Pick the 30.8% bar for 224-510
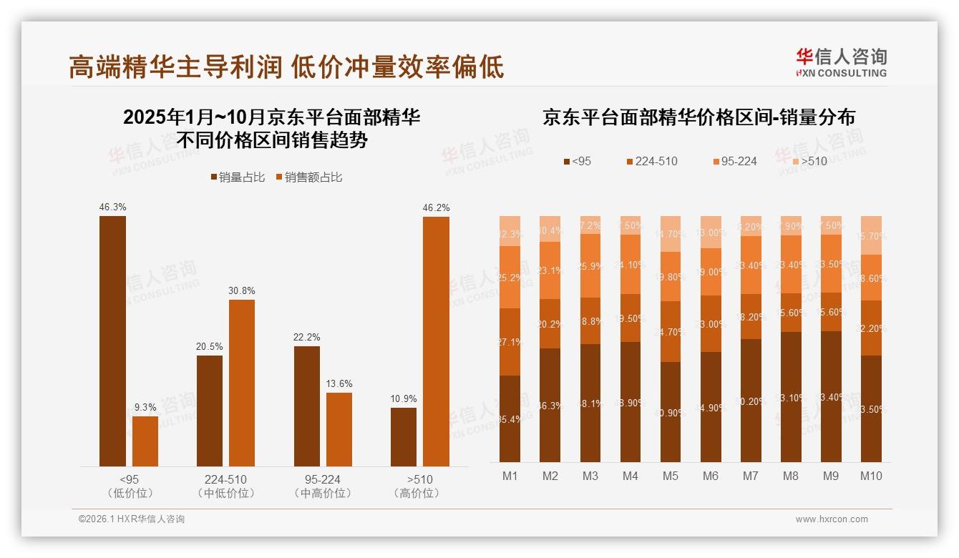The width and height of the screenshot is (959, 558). (x=242, y=383)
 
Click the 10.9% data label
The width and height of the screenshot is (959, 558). (x=404, y=398)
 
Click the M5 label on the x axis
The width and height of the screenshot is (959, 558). (x=670, y=476)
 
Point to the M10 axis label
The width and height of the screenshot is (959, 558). (x=871, y=476)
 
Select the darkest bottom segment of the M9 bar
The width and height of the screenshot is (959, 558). (x=831, y=396)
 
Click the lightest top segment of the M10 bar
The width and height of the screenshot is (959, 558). (x=871, y=235)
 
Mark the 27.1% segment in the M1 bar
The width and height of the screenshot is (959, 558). (x=510, y=342)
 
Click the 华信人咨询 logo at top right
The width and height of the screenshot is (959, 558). (x=841, y=62)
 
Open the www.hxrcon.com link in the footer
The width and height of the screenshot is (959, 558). (x=832, y=519)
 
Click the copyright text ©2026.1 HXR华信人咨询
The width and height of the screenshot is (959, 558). (x=132, y=519)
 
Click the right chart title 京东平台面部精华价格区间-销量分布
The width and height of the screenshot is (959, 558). (x=698, y=118)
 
